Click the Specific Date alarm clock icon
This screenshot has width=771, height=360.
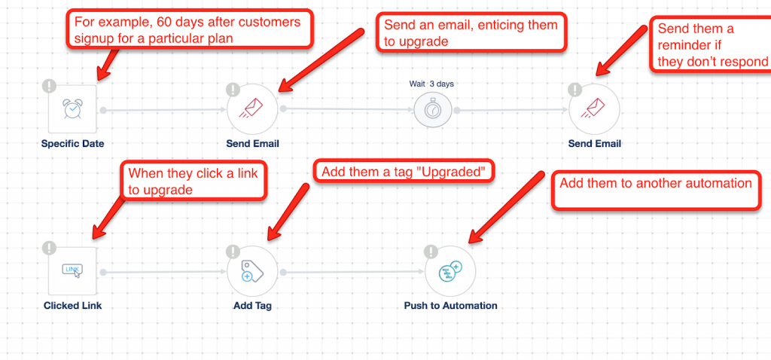(x=73, y=108)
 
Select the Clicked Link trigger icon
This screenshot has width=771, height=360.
(x=73, y=271)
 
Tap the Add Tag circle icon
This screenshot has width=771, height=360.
(x=252, y=271)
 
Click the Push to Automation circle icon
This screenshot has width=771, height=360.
(x=450, y=271)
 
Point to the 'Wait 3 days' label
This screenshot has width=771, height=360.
(x=431, y=84)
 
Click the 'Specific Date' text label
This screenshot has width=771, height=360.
(x=73, y=144)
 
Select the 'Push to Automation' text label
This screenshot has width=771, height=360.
(x=450, y=306)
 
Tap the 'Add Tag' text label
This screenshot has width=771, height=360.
(x=252, y=306)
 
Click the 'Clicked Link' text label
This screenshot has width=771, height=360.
(x=73, y=306)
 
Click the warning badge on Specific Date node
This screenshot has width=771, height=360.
(x=49, y=86)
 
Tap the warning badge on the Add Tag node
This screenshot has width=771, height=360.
(x=233, y=252)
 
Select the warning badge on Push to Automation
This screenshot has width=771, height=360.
(x=431, y=252)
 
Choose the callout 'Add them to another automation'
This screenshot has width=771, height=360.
(x=656, y=191)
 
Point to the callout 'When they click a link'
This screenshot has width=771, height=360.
(x=194, y=180)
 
